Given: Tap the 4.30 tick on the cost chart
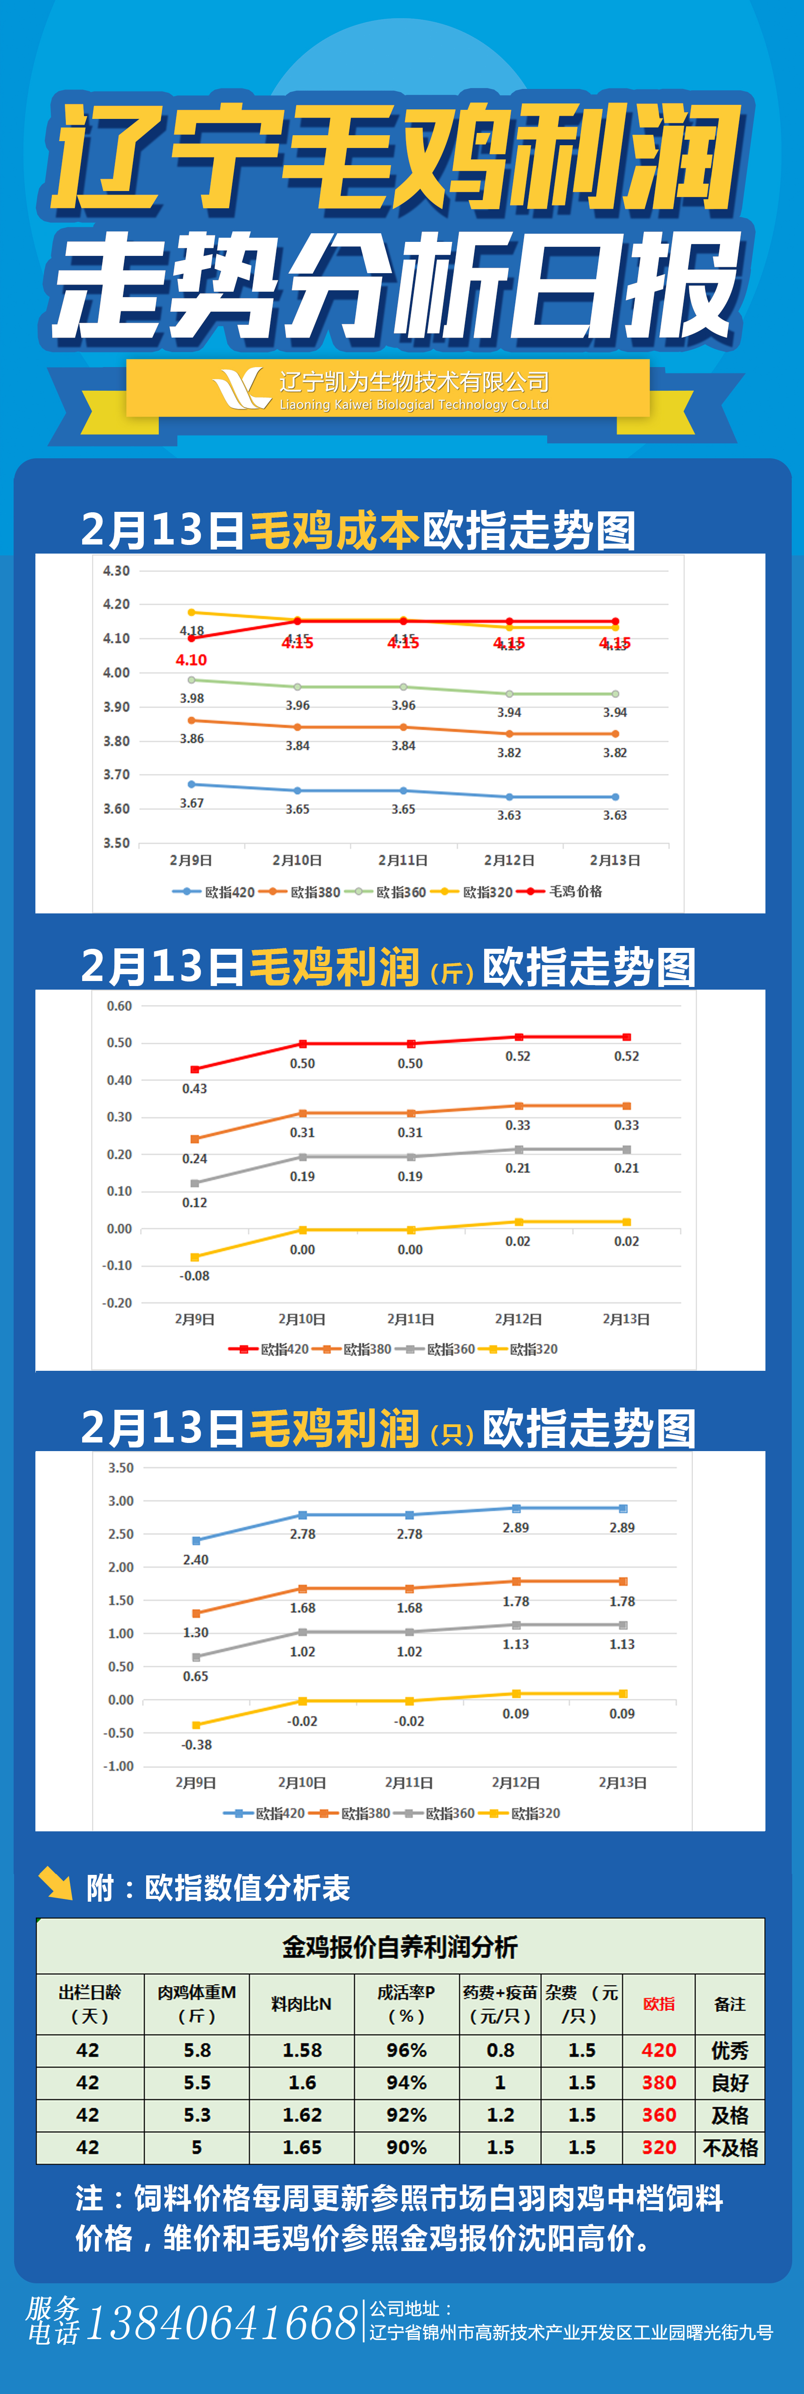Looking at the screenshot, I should coord(116,571).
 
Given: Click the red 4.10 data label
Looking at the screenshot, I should coord(191,660).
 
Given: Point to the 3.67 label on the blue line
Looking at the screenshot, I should coord(191,803).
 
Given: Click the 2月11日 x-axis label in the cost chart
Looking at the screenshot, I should coord(402,861).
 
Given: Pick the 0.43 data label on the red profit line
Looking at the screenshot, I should coord(194,1088).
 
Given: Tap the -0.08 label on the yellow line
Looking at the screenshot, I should coord(194,1276).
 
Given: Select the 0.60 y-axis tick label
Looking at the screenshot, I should coord(119,1006).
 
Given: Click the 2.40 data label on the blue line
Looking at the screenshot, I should coord(195,1560).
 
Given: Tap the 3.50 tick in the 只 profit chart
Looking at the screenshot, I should coord(121,1467).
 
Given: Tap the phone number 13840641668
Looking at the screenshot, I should coord(221,2323).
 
